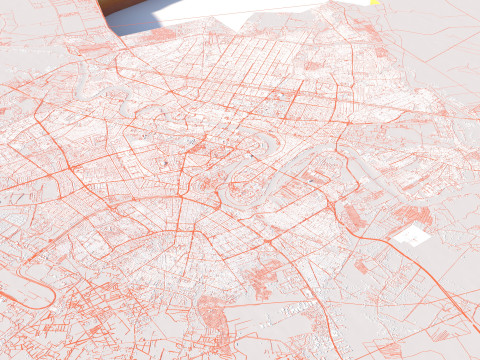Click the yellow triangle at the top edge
(373, 3)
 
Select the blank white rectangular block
(410, 236)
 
